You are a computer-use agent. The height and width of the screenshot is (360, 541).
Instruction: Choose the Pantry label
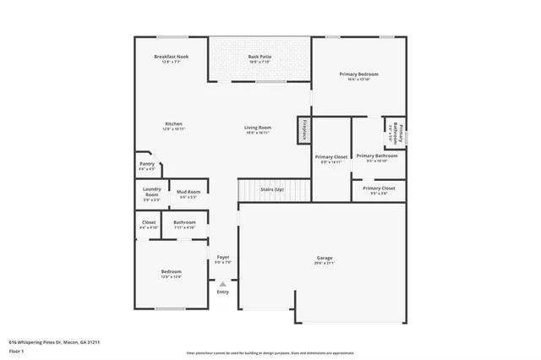(x=146, y=166)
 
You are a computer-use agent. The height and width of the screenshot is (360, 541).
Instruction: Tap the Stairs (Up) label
(x=272, y=190)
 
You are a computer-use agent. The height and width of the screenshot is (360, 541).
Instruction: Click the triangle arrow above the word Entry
(x=222, y=284)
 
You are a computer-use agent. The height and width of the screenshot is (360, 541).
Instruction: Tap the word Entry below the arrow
(x=222, y=292)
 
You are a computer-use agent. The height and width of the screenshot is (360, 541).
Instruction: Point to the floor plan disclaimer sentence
(x=270, y=353)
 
